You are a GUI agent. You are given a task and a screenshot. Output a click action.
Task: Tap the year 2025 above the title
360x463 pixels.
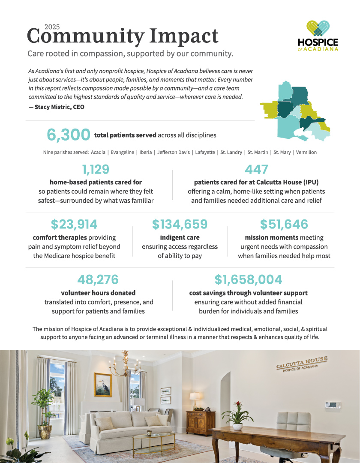52,27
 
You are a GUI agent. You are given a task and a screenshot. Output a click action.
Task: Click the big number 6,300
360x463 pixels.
69,135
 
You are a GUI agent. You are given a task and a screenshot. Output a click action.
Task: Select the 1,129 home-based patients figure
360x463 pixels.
96,169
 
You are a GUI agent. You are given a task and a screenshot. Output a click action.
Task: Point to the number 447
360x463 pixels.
256,169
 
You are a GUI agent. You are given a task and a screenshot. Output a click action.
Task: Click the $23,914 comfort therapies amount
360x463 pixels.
74,224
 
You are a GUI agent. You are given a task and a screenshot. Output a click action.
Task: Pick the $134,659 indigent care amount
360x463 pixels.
180,224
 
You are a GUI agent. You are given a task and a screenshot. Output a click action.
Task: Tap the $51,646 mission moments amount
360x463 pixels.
284,224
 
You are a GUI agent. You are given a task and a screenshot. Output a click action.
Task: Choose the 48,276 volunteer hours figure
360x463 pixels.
98,280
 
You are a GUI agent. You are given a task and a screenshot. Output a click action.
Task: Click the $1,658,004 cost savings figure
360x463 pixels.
248,280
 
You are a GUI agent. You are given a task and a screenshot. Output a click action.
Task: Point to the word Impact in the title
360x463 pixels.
183,36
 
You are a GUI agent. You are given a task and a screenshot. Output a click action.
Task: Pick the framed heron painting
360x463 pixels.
103,385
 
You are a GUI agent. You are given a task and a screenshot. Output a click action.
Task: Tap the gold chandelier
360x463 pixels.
126,365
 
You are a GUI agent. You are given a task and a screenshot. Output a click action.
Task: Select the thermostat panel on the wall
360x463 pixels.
333,405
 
